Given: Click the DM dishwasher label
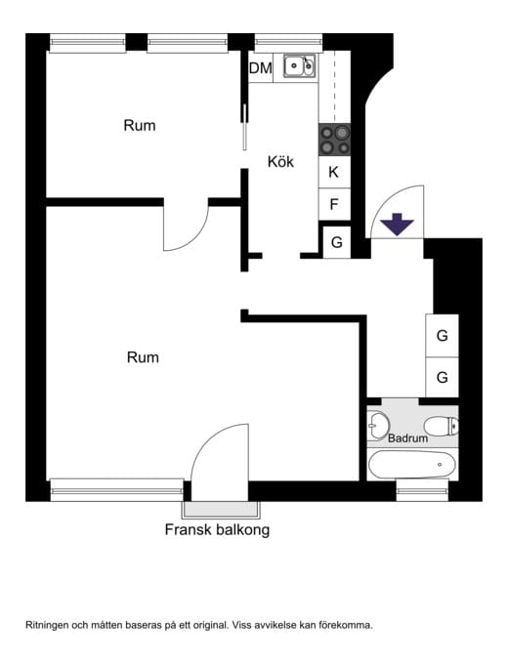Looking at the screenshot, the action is coord(261,67).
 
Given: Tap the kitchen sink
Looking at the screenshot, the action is coord(299,66).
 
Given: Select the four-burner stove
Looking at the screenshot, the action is coord(335,140).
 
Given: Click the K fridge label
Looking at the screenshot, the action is coord(334,172).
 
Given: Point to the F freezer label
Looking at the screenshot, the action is coord(334,204).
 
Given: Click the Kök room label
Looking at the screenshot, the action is coord(280,161).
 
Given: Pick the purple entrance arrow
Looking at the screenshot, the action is coord(397,225).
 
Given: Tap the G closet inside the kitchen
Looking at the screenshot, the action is coord(337,242).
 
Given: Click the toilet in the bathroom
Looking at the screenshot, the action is coord(441,426).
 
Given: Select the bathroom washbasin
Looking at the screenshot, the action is coord(379,425).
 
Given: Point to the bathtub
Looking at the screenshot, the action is coord(412,465).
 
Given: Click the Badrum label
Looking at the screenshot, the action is coord(407,438).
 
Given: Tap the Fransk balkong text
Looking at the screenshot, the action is coord(217,530).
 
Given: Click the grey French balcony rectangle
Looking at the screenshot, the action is coord(221,510).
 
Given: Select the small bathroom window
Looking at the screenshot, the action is coord(422,491).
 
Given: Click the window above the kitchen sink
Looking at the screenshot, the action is coord(288,42).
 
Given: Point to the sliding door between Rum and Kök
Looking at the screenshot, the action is coord(244,127).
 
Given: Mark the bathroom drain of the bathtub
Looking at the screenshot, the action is coord(440,465).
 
